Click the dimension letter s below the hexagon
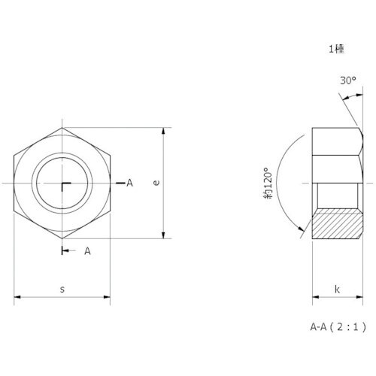pos(62,290)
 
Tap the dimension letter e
pos(156,183)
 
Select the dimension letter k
pos(337,289)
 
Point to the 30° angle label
pos(348,80)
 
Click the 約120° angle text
pos(268,183)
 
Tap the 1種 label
pos(337,49)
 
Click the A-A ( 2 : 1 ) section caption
pos(338,326)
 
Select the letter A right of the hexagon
pos(129,183)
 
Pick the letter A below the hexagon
pos(87,250)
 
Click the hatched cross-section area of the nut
pos(337,223)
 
